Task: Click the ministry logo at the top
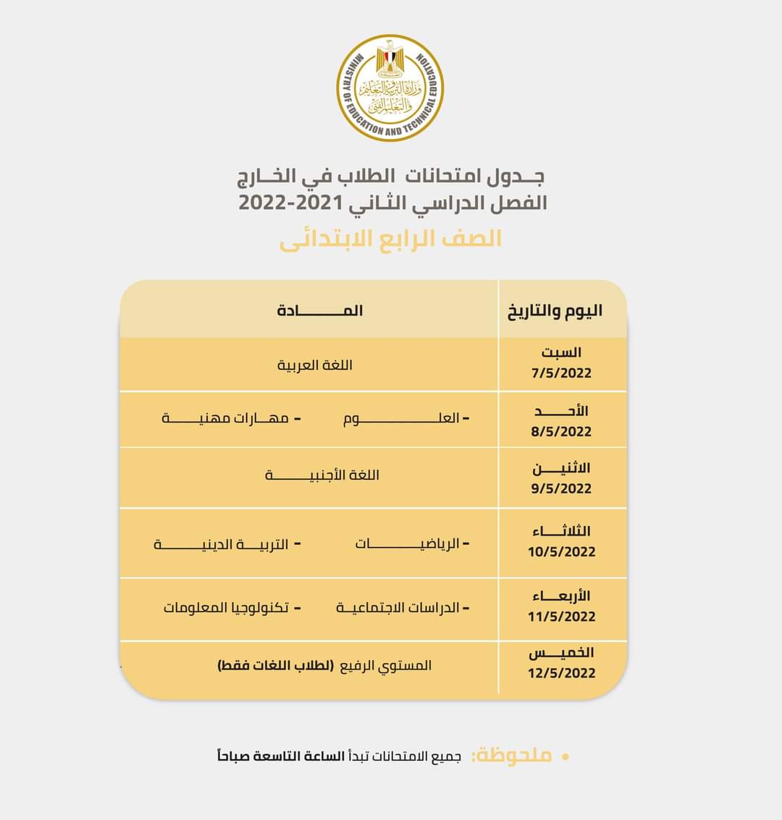pyautogui.click(x=390, y=88)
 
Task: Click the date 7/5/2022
pyautogui.click(x=561, y=373)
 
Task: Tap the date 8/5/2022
pyautogui.click(x=561, y=432)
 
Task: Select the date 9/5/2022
pyautogui.click(x=561, y=489)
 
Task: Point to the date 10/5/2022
pyautogui.click(x=561, y=552)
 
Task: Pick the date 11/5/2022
pyautogui.click(x=561, y=617)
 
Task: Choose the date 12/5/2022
pyautogui.click(x=561, y=673)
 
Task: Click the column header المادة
pyautogui.click(x=319, y=310)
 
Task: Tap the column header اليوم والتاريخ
pyautogui.click(x=555, y=311)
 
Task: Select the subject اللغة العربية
pyautogui.click(x=315, y=365)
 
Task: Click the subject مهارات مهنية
pyautogui.click(x=225, y=418)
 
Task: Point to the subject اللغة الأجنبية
pyautogui.click(x=322, y=475)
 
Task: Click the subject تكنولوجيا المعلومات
pyautogui.click(x=227, y=608)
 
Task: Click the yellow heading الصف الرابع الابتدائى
pyautogui.click(x=390, y=240)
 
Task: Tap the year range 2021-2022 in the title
pyautogui.click(x=289, y=203)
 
